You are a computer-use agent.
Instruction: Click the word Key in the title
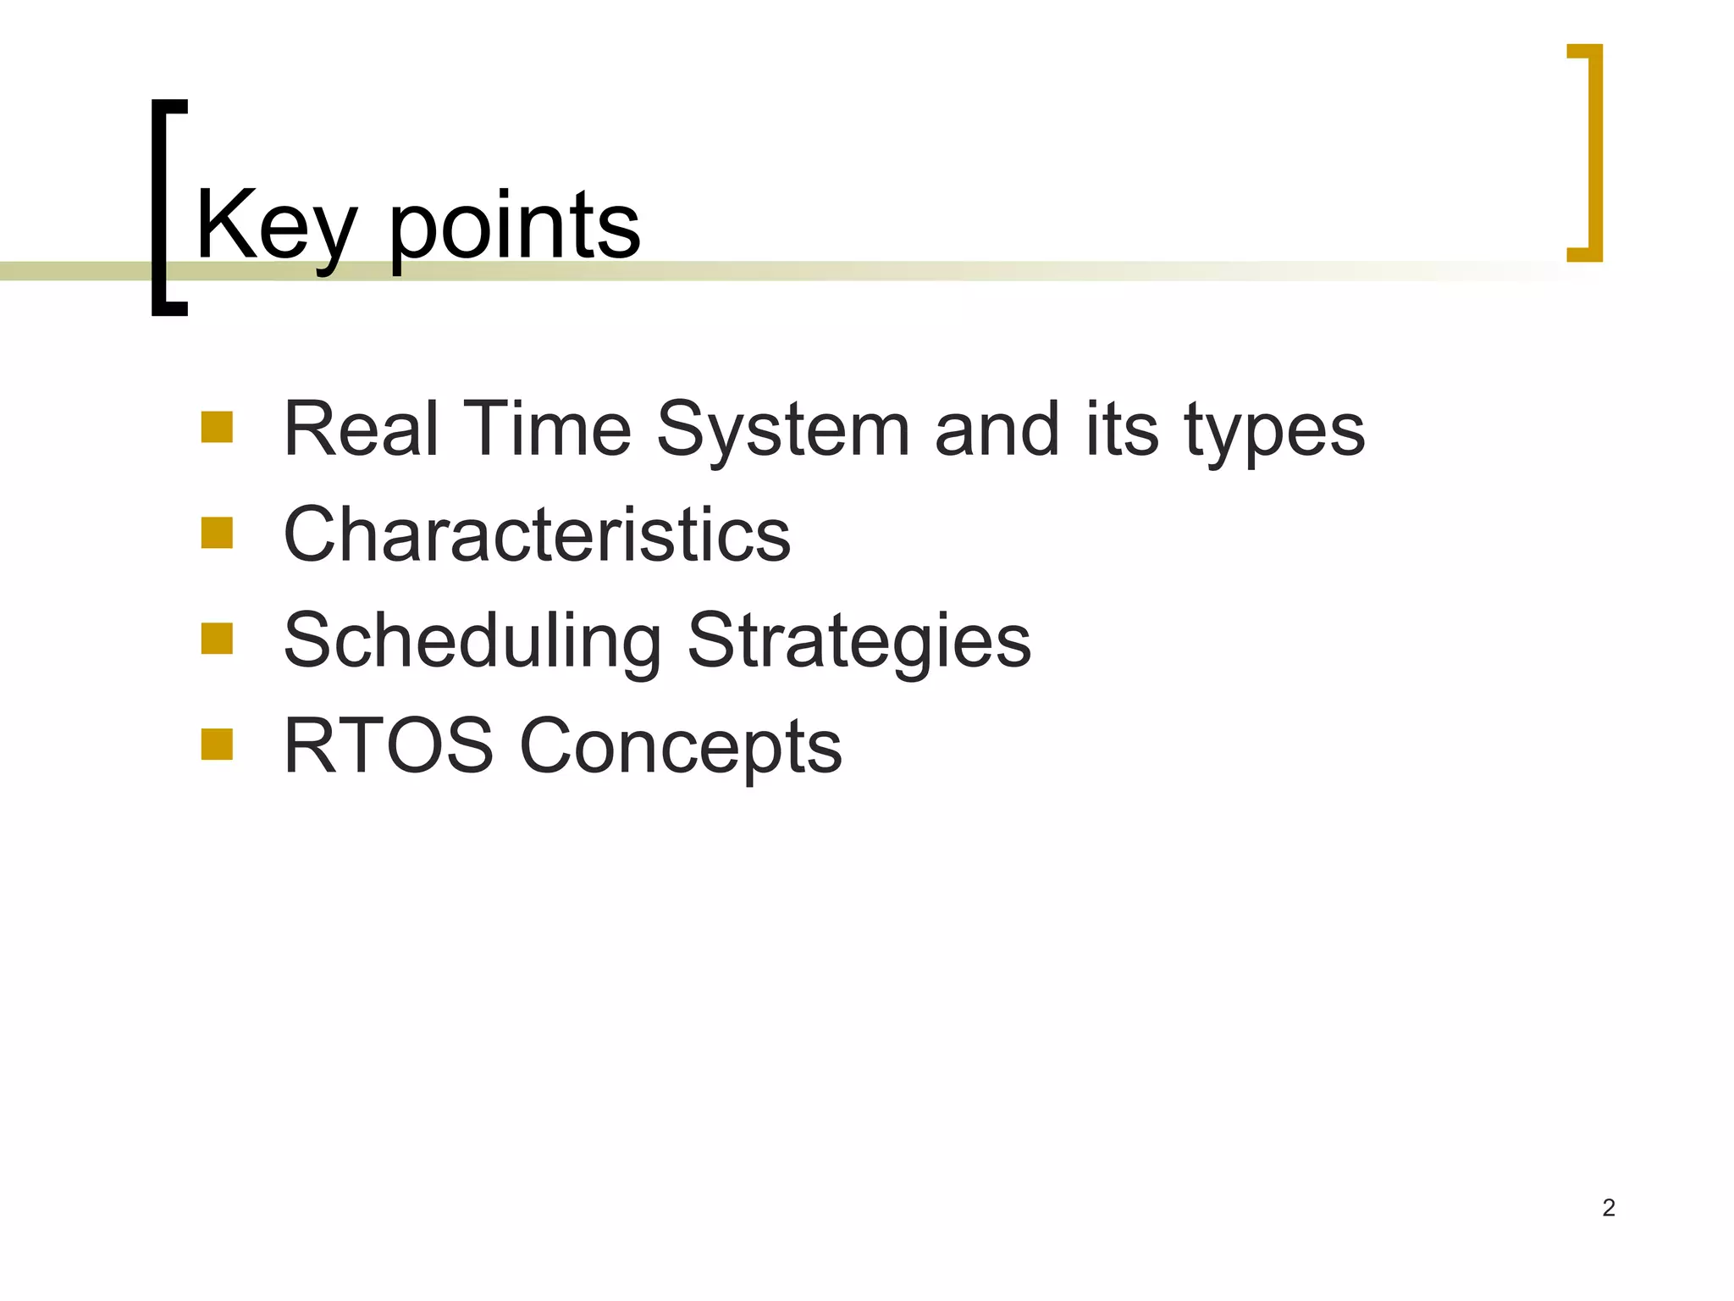(x=275, y=227)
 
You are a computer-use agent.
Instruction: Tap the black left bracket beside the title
(x=161, y=208)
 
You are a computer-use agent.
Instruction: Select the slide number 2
(x=1609, y=1208)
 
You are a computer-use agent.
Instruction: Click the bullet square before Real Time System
(x=217, y=427)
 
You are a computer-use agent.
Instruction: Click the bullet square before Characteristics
(x=217, y=533)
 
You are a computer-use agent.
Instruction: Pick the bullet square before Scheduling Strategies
(x=217, y=639)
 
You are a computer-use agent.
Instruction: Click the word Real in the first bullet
(x=361, y=430)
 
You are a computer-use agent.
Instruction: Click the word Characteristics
(x=537, y=535)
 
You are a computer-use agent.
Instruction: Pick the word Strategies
(x=859, y=642)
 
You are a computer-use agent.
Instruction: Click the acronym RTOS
(x=388, y=746)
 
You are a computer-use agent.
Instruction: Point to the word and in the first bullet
(x=997, y=430)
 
